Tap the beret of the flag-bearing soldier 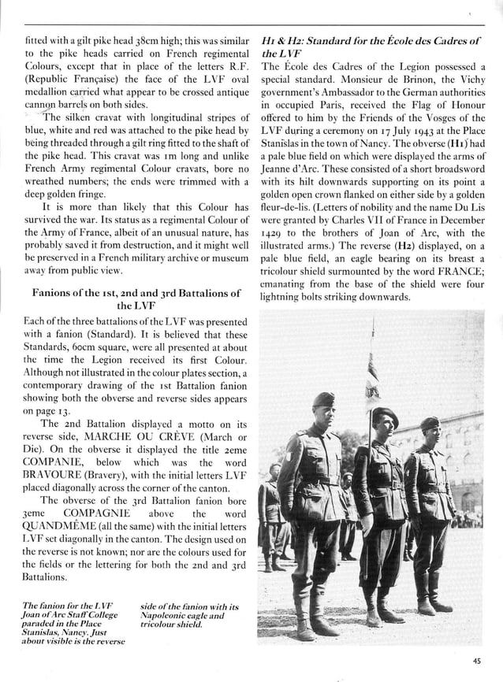click(x=384, y=413)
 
